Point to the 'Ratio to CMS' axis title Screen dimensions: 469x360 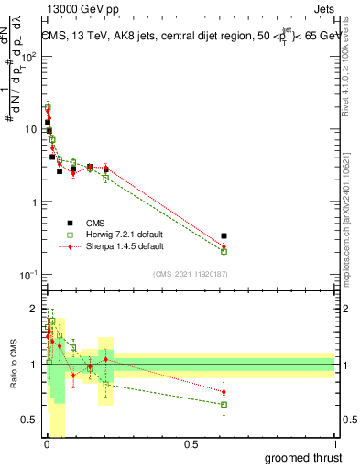tap(14, 365)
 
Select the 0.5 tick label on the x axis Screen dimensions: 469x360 tap(191, 444)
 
